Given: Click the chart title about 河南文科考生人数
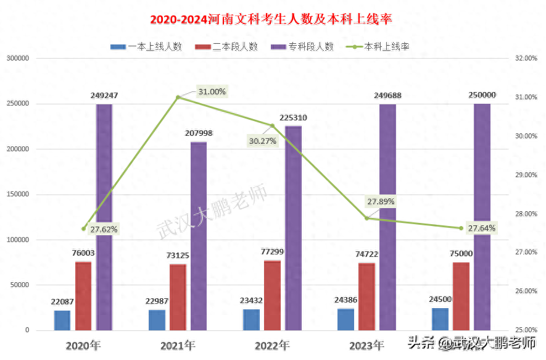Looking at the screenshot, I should [271, 19].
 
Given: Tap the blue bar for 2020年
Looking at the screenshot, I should [62, 320].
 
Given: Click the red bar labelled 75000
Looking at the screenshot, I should [461, 296].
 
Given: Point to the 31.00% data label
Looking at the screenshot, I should [212, 92].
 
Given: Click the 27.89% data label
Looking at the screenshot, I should [381, 201].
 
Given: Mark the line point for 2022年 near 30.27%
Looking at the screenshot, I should [272, 125].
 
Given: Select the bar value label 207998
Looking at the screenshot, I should [199, 133].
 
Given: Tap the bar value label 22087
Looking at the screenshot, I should [62, 302].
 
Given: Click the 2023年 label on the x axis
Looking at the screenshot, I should [366, 345].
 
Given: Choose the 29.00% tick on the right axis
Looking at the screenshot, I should [526, 175].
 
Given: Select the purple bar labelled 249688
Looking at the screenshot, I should [387, 216].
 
